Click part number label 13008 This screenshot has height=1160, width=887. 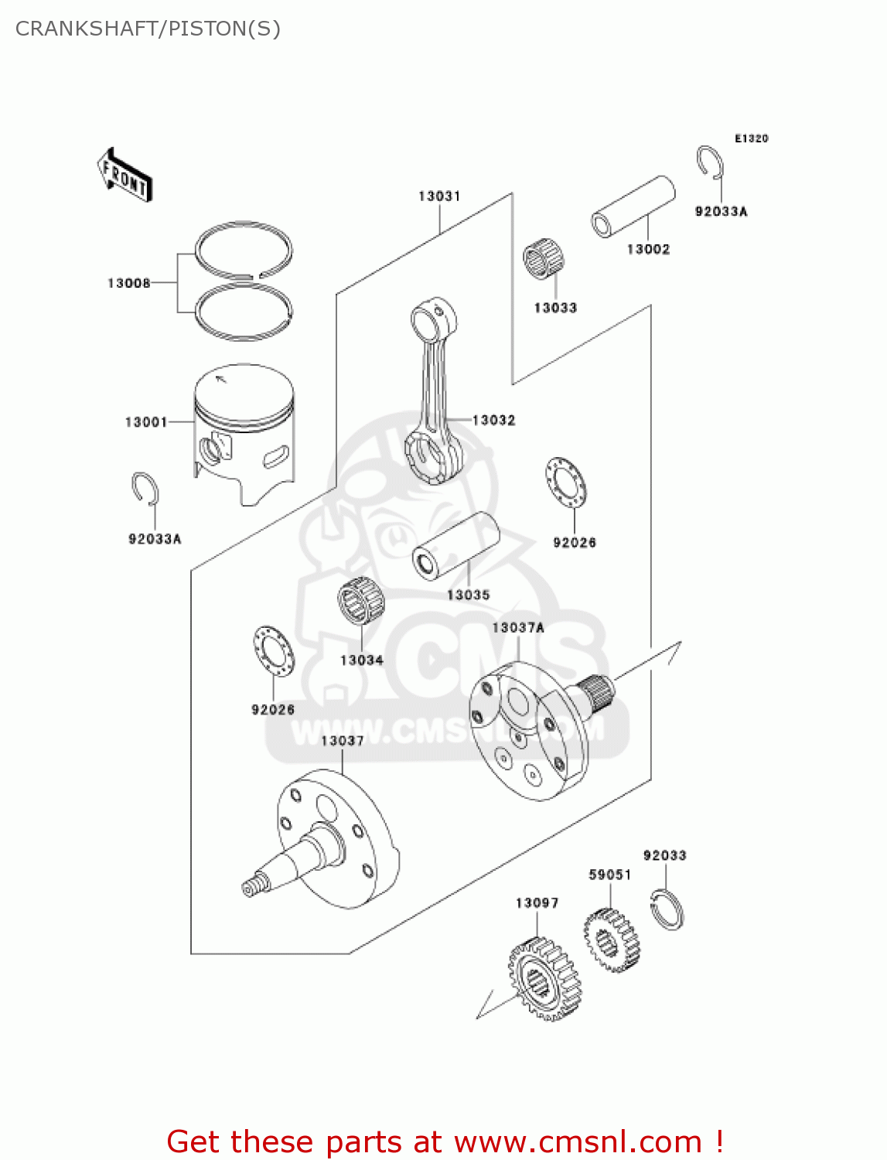(x=128, y=283)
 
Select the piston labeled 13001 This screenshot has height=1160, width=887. (x=244, y=433)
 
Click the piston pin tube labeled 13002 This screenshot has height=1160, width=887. (x=633, y=207)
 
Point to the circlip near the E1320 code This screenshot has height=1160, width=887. (x=709, y=165)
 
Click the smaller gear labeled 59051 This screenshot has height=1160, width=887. (x=612, y=940)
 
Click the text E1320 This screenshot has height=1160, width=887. (x=751, y=138)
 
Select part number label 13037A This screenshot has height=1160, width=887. (x=517, y=627)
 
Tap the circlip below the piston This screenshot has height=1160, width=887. (x=145, y=490)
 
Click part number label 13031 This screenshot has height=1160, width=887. (x=439, y=196)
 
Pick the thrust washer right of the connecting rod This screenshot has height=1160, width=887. (x=565, y=483)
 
